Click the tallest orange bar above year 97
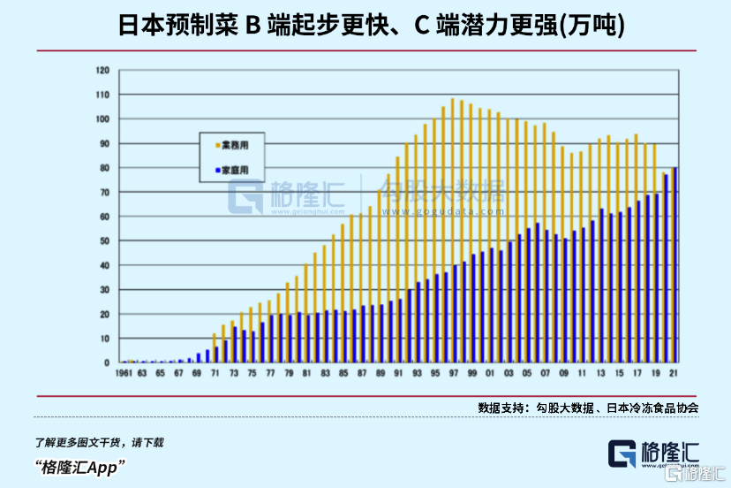point(453,230)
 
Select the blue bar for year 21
point(676,265)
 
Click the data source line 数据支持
point(588,408)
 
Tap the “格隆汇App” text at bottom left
point(79,465)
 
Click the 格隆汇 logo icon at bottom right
point(623,454)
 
